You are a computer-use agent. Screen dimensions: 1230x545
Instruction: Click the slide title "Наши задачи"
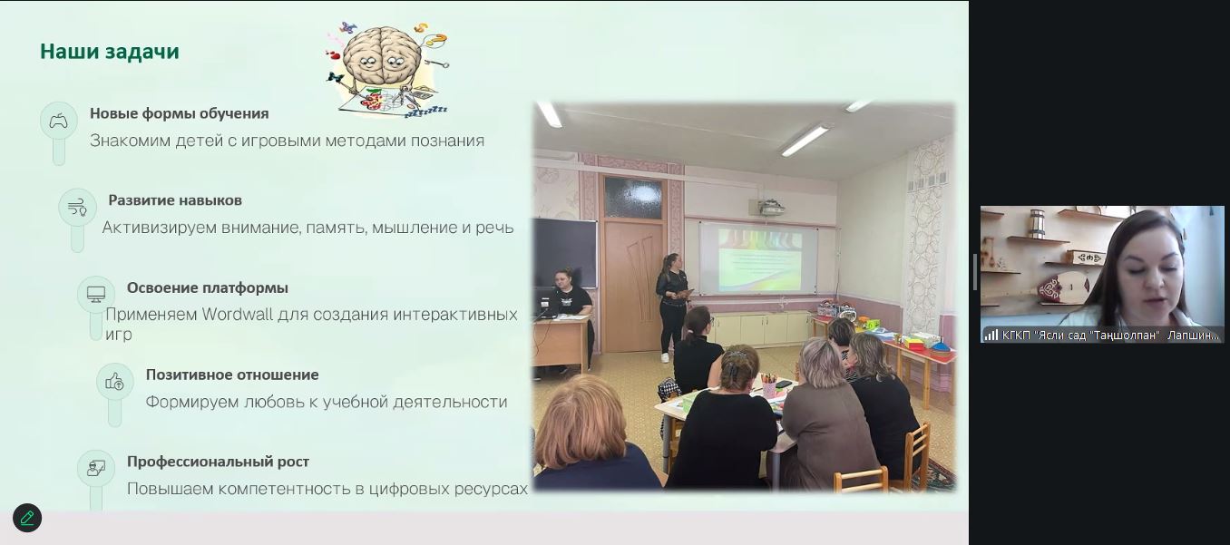(x=110, y=52)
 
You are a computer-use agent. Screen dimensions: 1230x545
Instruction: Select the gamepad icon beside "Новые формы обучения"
(x=59, y=121)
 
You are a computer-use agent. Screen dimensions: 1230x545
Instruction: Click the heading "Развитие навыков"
(x=175, y=200)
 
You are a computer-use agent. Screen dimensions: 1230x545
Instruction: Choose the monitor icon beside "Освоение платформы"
(x=96, y=294)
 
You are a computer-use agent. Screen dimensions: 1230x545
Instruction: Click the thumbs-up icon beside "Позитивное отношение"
(x=115, y=382)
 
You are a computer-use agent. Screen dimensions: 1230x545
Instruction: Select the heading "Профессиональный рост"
(x=218, y=462)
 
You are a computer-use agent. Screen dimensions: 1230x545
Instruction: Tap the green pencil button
(x=27, y=518)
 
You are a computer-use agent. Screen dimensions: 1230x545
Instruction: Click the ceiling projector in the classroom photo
(x=768, y=208)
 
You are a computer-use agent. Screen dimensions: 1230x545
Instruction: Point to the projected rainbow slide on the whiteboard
(x=759, y=260)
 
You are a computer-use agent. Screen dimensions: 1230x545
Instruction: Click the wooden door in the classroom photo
(x=633, y=286)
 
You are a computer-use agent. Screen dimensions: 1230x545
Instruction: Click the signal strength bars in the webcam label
(x=991, y=335)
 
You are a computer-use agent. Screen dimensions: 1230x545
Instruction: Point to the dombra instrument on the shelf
(x=1062, y=287)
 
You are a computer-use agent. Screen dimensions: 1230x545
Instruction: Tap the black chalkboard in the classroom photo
(x=566, y=252)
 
